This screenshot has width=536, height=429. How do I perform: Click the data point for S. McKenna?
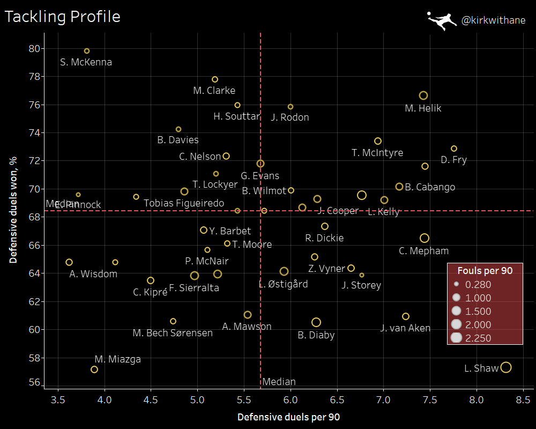(87, 51)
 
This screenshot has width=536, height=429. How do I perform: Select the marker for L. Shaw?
(505, 367)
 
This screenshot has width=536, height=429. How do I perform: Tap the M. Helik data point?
(423, 95)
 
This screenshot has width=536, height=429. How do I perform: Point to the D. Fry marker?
(454, 149)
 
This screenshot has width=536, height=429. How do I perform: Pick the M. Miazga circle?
(94, 369)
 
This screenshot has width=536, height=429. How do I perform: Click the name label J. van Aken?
(405, 328)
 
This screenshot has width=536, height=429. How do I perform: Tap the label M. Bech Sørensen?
(173, 333)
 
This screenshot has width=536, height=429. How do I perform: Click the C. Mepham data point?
(425, 238)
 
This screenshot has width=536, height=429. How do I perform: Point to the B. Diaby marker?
(316, 322)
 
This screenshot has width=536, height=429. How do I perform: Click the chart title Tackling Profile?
(62, 17)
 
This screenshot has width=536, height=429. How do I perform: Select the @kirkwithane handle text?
(493, 21)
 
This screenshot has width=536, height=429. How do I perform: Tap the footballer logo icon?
(442, 21)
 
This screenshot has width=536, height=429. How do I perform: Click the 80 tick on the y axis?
(34, 48)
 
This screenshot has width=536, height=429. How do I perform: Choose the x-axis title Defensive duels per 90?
(288, 417)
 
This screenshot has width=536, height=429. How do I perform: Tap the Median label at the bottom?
(279, 382)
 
